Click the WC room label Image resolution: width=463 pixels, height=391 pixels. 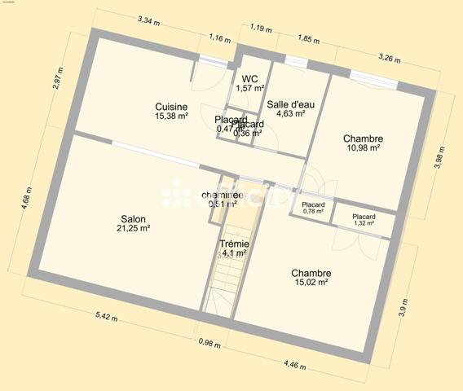[249, 78]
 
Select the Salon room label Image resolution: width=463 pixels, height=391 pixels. [134, 218]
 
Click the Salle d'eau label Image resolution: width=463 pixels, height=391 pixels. [286, 103]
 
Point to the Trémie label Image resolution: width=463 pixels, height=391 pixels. [234, 244]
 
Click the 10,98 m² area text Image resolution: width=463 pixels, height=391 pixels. [363, 148]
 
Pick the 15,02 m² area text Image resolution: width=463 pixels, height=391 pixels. [311, 283]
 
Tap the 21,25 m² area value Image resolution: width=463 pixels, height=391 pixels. [134, 229]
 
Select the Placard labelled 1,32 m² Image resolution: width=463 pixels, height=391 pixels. [364, 217]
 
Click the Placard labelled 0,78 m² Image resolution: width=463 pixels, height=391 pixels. [313, 204]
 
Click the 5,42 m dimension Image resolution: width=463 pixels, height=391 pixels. [107, 315]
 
